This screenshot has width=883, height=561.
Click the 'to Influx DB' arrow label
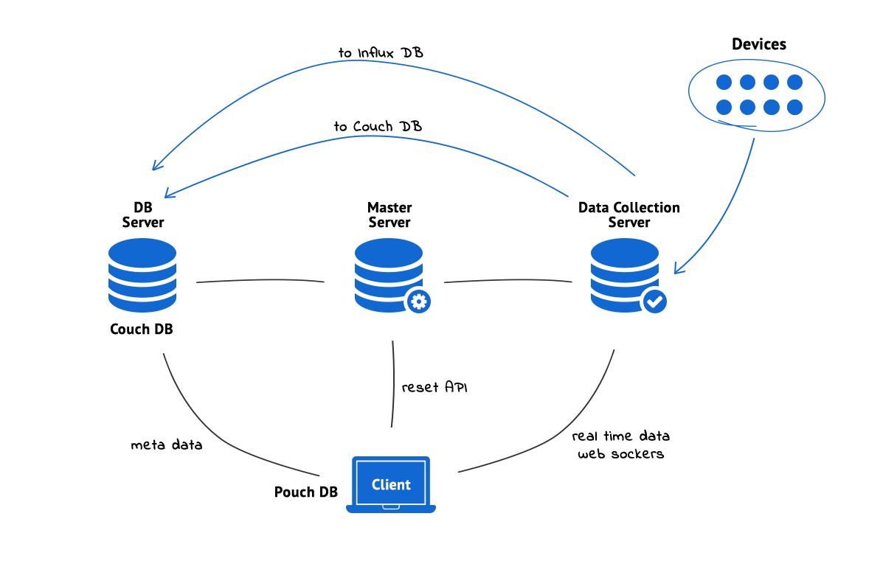381,53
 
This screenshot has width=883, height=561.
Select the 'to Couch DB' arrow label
378,127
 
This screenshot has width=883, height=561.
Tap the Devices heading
758,44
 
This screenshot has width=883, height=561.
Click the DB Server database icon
142,275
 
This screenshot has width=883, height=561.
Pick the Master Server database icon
388,275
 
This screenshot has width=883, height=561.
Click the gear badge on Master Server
419,301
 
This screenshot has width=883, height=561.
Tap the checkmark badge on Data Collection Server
655,301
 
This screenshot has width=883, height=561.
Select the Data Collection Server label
629,215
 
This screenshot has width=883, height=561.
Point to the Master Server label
389,215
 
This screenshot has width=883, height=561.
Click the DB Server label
142,215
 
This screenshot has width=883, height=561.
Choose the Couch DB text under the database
142,330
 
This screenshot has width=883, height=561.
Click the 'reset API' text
434,387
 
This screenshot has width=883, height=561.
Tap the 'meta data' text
166,445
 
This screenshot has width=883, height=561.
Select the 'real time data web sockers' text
620,445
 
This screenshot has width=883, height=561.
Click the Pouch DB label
306,492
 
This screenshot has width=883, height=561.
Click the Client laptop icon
391,484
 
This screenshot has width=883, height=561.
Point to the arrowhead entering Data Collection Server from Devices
679,268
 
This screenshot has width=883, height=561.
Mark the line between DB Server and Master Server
260,280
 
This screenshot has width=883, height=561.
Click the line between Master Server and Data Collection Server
508,280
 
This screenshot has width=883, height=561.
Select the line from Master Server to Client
394,383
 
